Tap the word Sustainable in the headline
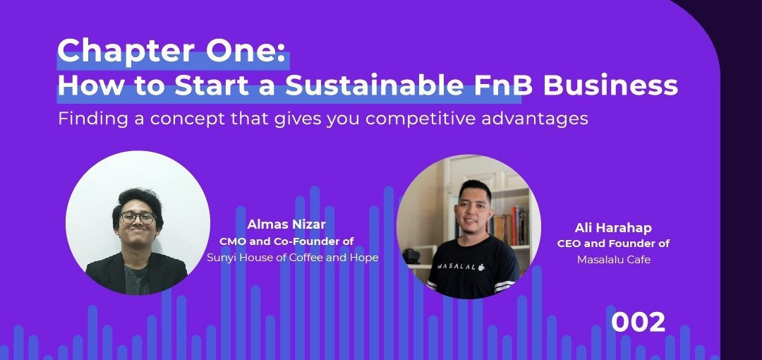pyautogui.click(x=374, y=85)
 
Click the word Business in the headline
pyautogui.click(x=610, y=85)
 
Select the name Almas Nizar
pyautogui.click(x=286, y=224)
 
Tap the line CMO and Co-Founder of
pyautogui.click(x=286, y=241)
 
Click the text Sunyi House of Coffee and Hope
pyautogui.click(x=293, y=258)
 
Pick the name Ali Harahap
pyautogui.click(x=613, y=228)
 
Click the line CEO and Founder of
pyautogui.click(x=613, y=244)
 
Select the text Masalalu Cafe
pyautogui.click(x=614, y=260)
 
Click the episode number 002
pyautogui.click(x=638, y=323)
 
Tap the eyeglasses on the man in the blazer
pyautogui.click(x=138, y=217)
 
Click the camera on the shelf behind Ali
pyautogui.click(x=411, y=256)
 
